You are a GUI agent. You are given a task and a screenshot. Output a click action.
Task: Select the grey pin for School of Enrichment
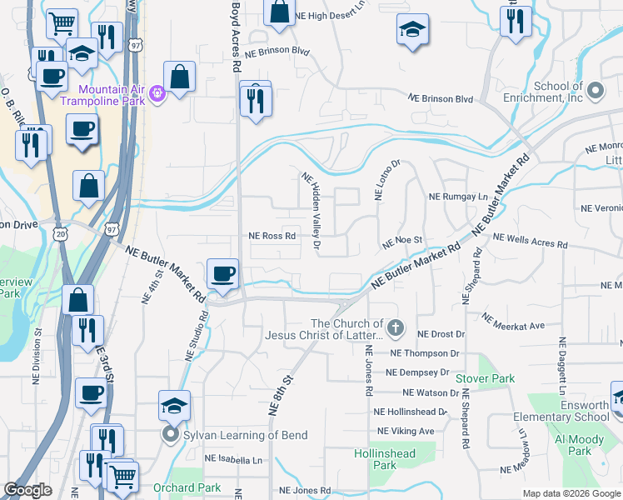click(595, 89)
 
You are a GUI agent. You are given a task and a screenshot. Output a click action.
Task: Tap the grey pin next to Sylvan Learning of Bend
click(171, 435)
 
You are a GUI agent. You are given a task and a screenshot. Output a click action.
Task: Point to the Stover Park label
click(485, 378)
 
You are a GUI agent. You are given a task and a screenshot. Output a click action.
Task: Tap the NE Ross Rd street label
click(272, 236)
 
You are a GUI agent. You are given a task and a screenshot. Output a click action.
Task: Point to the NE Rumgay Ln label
click(457, 197)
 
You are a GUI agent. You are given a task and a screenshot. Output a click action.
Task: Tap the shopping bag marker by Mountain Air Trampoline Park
click(179, 76)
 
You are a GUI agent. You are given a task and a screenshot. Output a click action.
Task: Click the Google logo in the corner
click(28, 491)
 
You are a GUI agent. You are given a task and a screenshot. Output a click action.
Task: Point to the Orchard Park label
click(187, 487)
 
